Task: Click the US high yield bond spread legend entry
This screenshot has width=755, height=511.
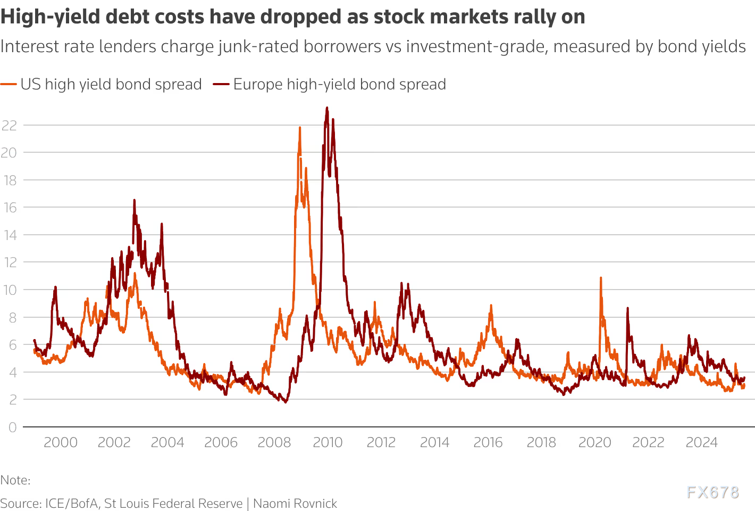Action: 111,84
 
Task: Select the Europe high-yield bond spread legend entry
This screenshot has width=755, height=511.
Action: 339,84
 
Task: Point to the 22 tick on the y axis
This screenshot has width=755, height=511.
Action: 10,125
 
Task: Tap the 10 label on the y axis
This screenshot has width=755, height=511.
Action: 10,290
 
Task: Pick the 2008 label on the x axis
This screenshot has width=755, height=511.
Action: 274,442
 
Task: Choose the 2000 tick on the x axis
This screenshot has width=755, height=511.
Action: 61,442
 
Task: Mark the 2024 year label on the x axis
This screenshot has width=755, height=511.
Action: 702,442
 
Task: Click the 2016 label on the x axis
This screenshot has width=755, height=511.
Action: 488,442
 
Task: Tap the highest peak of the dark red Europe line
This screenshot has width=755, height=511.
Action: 327,108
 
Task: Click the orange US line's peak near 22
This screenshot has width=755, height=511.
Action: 300,128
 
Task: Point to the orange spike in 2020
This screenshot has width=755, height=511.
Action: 601,278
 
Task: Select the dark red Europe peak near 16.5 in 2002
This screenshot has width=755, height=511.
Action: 134,200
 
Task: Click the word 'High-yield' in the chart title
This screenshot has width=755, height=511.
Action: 51,17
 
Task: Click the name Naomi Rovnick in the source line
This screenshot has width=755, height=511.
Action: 295,504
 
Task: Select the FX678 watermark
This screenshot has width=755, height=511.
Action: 712,492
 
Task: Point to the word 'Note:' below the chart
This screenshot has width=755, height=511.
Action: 15,480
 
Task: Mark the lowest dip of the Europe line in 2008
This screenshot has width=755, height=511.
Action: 286,402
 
